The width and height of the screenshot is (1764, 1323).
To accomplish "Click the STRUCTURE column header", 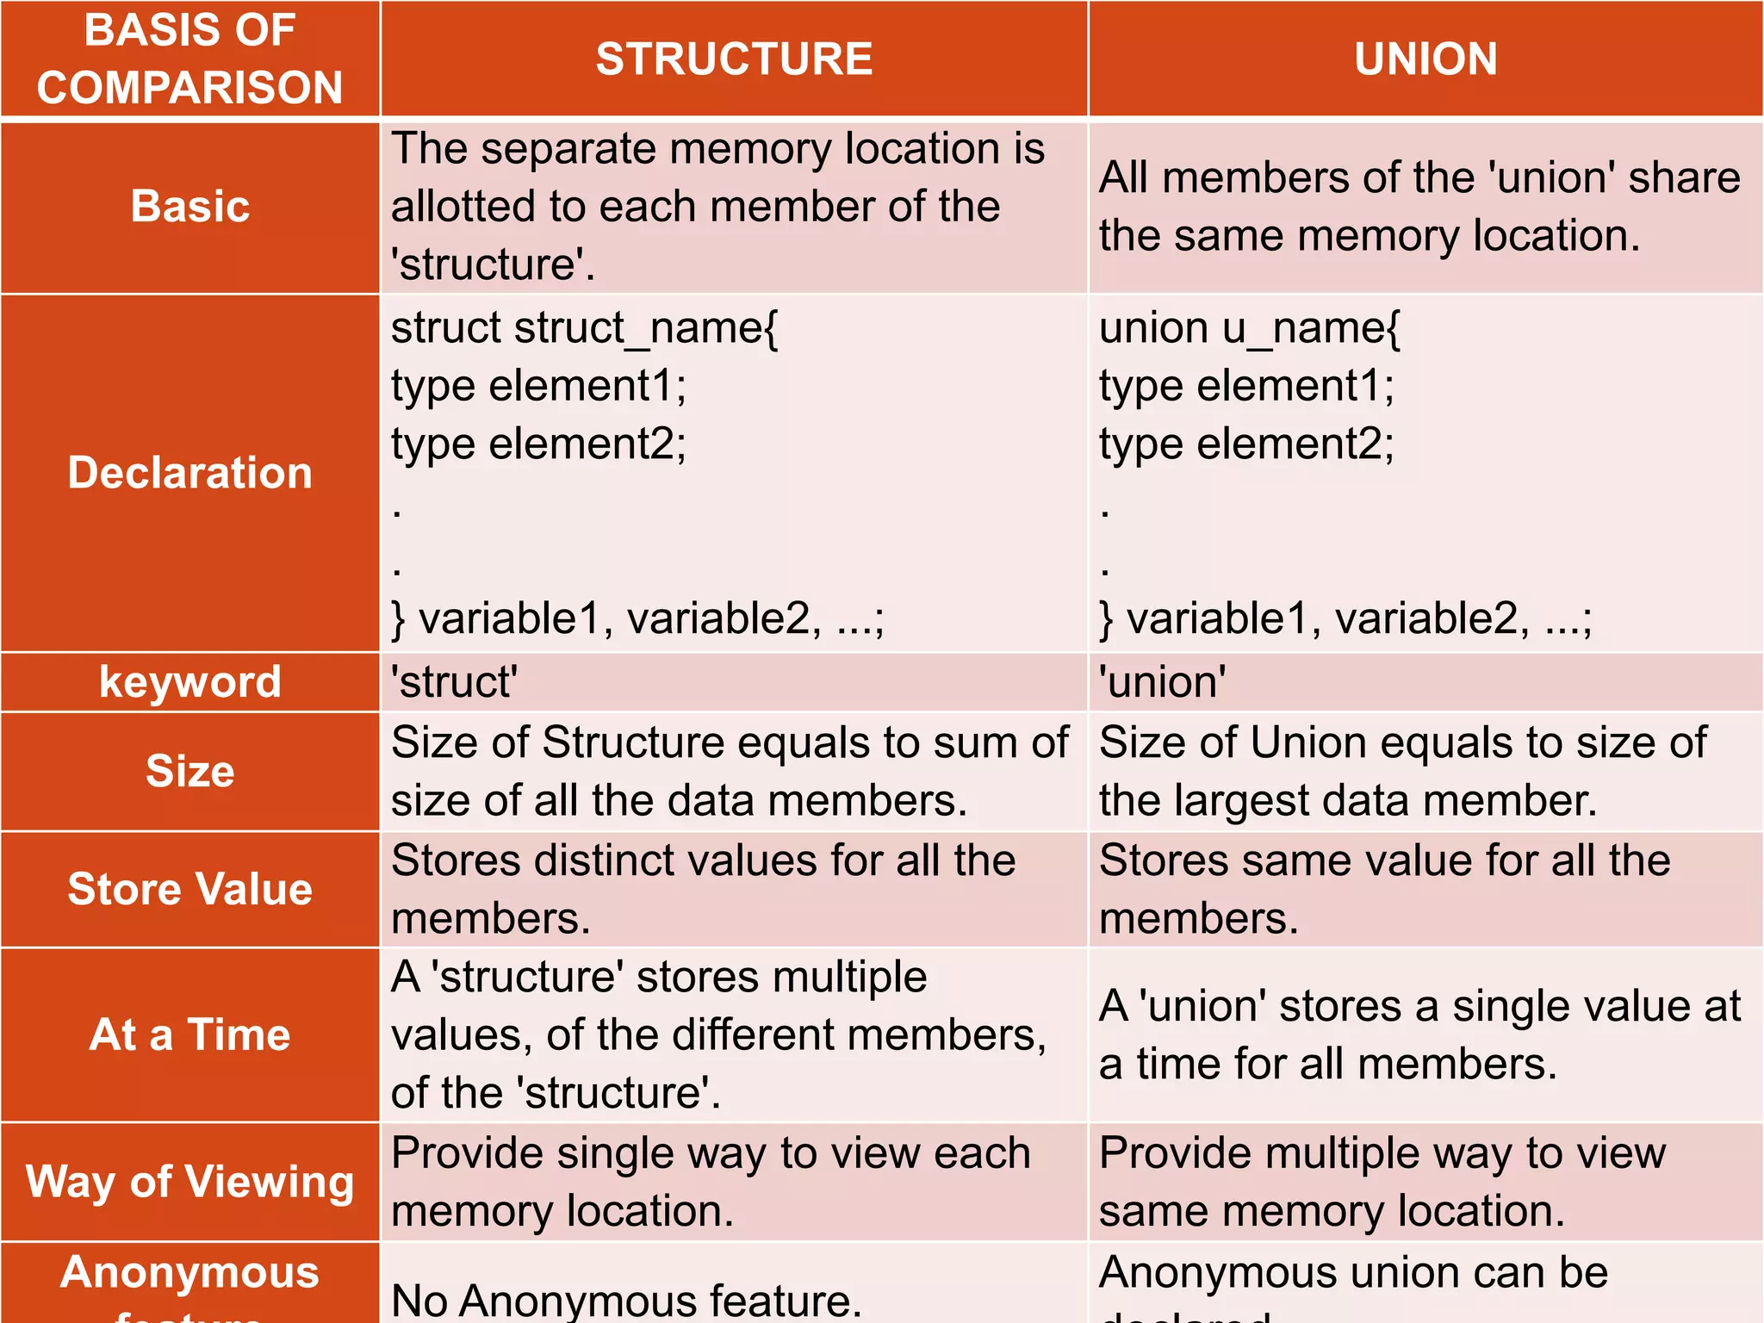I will (x=734, y=59).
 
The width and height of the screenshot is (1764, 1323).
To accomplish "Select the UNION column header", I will (x=1425, y=59).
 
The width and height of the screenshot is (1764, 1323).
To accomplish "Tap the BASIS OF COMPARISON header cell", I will (x=189, y=59).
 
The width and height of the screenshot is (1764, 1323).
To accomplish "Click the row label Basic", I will (x=189, y=207).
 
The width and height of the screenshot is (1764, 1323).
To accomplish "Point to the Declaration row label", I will (x=189, y=473).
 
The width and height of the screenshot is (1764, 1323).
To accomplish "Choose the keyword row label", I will (x=189, y=682).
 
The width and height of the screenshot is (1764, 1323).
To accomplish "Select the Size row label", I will (x=189, y=771).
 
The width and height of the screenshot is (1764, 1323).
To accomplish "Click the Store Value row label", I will (x=189, y=889).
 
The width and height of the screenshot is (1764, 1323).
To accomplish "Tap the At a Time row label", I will (x=189, y=1034).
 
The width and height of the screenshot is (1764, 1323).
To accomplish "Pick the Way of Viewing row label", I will (x=189, y=1182).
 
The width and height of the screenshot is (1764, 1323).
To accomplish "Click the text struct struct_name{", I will (x=584, y=328).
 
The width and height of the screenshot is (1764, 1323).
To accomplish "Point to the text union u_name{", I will (x=1249, y=328).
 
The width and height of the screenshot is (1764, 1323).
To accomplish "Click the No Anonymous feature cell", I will (x=626, y=1299).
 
